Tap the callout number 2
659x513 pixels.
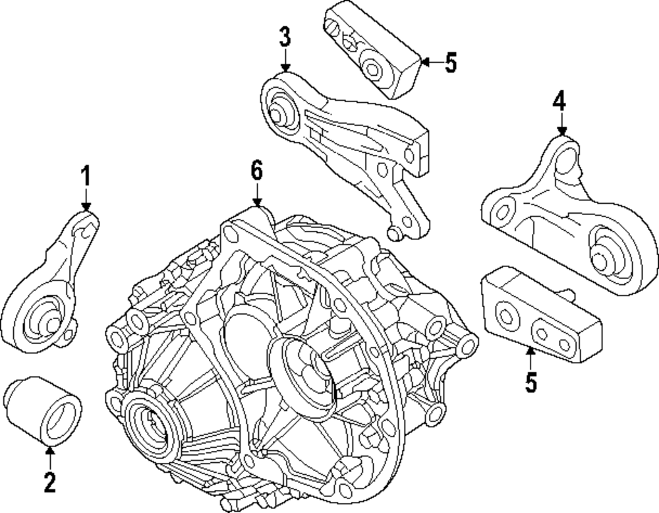(50, 483)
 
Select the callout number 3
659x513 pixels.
(284, 38)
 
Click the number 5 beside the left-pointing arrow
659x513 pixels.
(449, 63)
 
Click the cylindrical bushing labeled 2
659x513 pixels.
(42, 409)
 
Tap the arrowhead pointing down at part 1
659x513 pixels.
(85, 206)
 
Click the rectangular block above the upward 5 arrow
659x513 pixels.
(540, 317)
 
